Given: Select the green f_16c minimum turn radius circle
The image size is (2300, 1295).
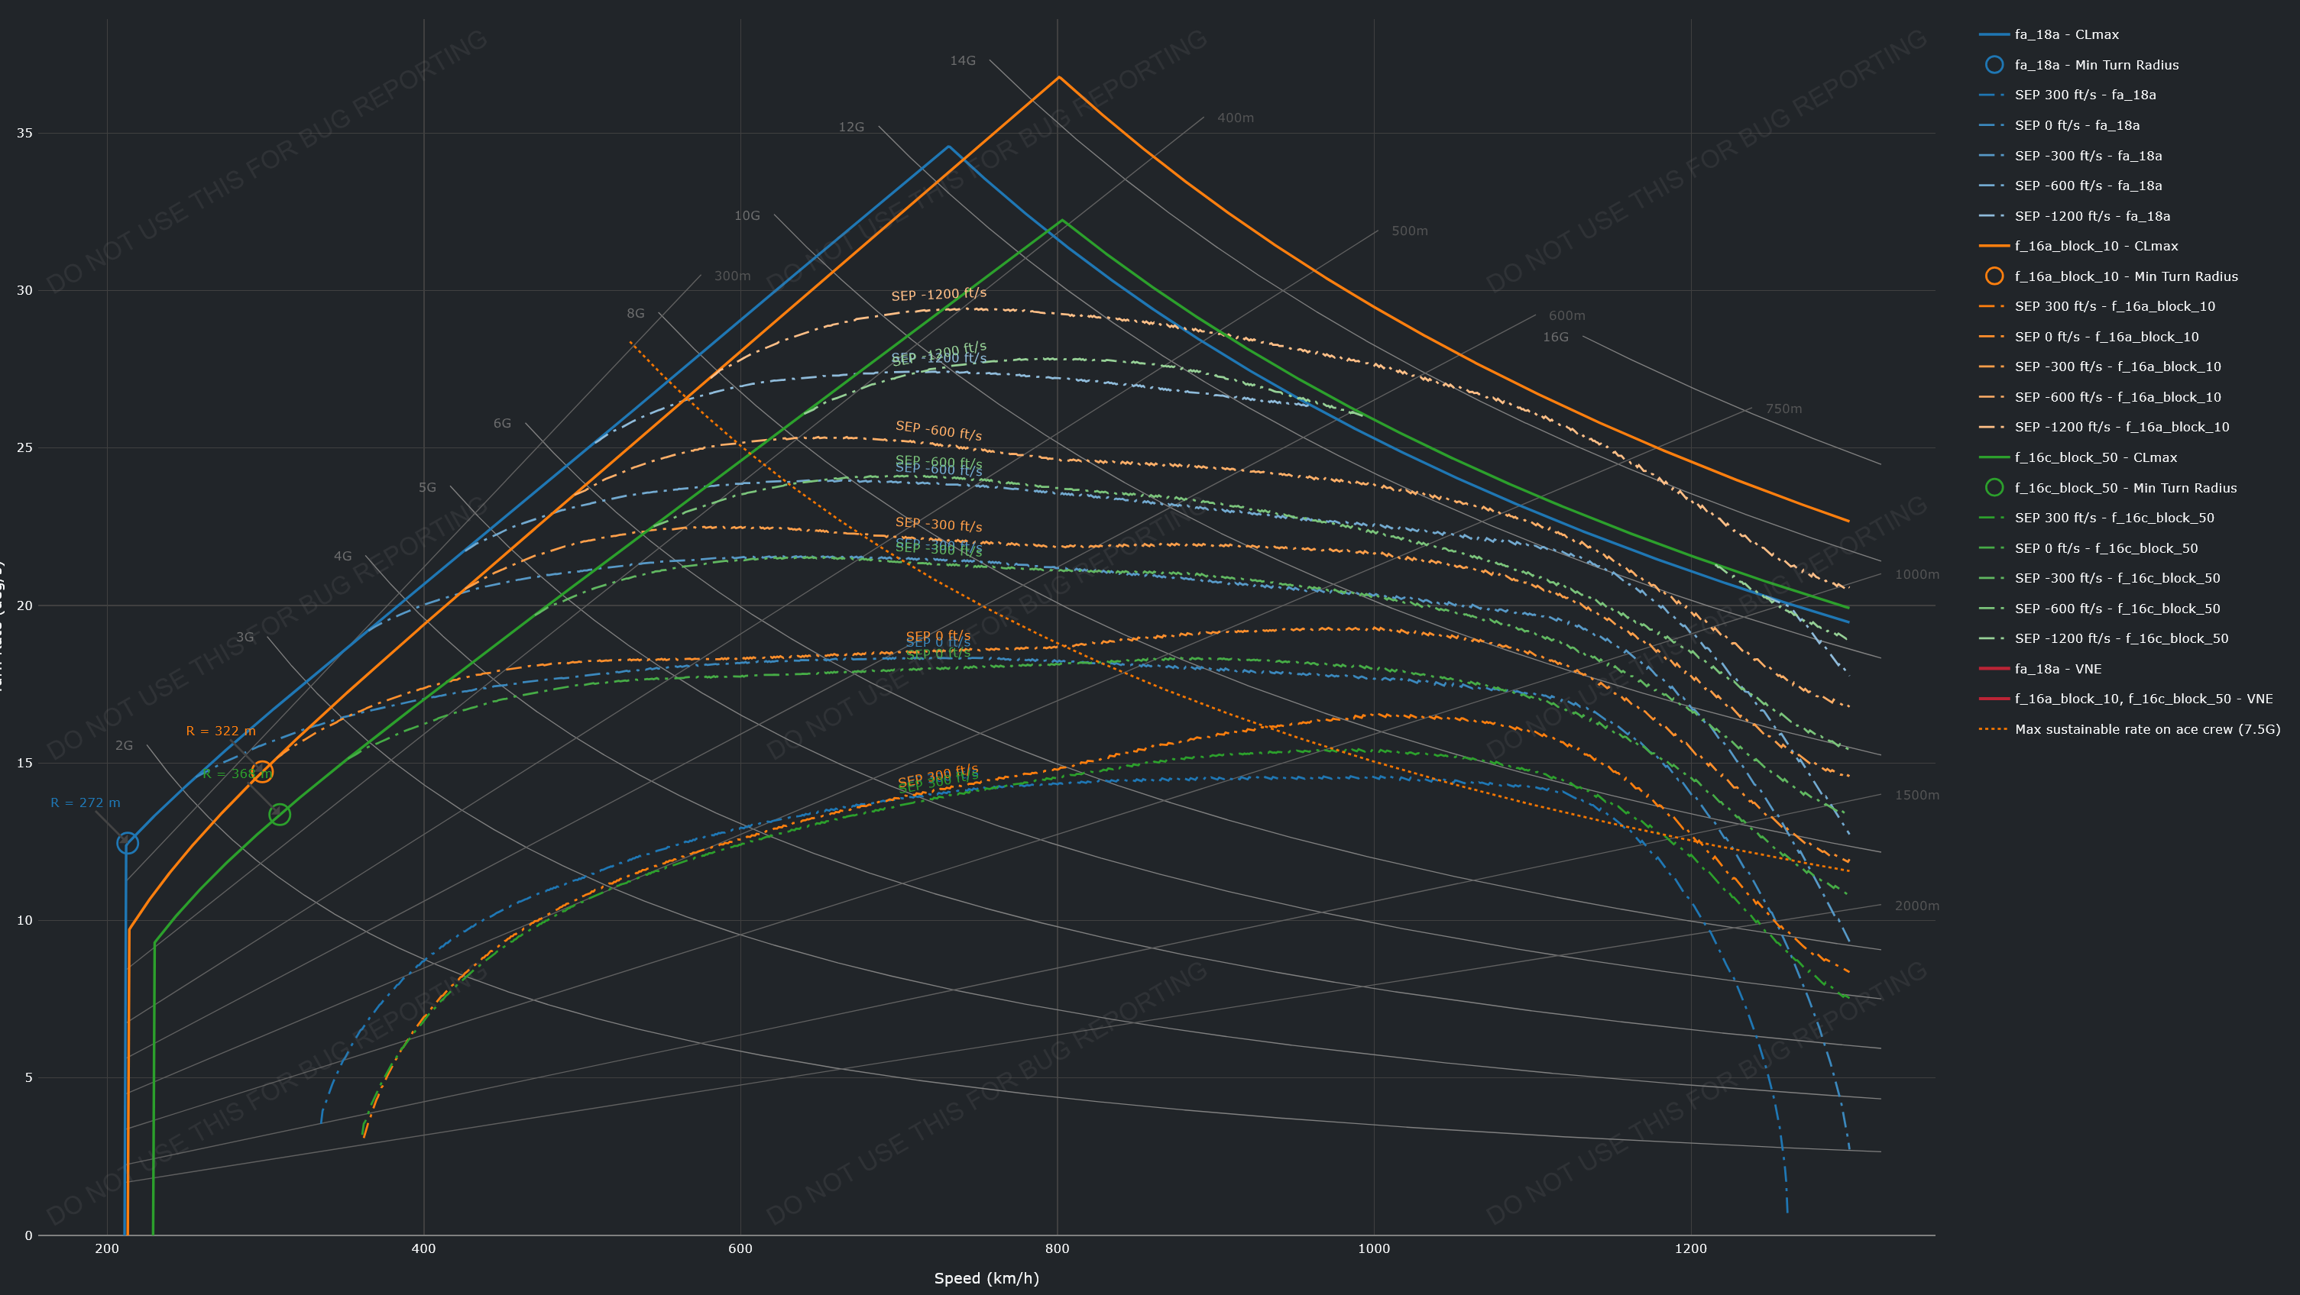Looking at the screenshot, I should (280, 814).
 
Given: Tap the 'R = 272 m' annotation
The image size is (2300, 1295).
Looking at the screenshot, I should (85, 803).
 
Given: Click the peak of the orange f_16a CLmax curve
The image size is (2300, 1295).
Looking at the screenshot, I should (1059, 78).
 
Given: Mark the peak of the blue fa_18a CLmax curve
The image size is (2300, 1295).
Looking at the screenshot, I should (949, 147).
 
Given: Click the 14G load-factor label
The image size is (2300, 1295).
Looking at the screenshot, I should (963, 60).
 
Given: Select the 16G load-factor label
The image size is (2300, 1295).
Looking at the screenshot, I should (1555, 337).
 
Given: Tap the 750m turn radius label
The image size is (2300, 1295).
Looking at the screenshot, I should (1783, 409).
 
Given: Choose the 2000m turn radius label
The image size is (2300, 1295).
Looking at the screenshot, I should (1916, 906).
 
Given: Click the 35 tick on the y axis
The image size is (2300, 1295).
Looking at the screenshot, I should (24, 133).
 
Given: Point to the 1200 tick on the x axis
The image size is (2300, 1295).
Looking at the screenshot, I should (1690, 1248).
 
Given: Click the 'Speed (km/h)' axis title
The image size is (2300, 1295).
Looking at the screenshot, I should (986, 1278).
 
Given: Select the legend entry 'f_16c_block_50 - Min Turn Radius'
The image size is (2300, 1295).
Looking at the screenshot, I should (2125, 488).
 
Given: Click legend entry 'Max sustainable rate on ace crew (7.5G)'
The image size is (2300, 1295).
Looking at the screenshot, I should (2146, 729).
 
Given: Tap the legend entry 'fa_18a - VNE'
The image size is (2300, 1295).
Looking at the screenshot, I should (2057, 668).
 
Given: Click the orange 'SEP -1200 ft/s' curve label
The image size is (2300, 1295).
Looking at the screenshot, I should (938, 295).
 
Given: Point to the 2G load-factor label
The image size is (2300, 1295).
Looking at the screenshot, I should (124, 745).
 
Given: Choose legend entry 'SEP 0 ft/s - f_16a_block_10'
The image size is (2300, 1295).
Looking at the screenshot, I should (2106, 337).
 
